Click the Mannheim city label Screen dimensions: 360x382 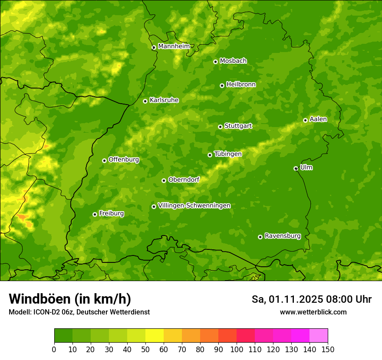(x=174, y=46)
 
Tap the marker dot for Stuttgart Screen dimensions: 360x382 (x=220, y=127)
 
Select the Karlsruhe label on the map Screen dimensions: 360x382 (x=164, y=100)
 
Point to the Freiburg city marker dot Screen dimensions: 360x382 (x=95, y=214)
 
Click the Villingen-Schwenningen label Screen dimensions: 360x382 (x=194, y=206)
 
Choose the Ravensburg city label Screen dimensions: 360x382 (x=282, y=236)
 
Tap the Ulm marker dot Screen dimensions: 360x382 (x=296, y=168)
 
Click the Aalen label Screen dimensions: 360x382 (x=318, y=119)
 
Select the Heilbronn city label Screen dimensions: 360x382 (x=241, y=85)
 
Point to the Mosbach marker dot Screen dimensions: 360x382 (x=215, y=62)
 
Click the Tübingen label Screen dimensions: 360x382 (x=227, y=154)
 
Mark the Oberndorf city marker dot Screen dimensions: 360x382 (x=164, y=180)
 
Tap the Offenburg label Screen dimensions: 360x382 (x=124, y=160)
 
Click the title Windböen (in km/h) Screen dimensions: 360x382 (x=70, y=299)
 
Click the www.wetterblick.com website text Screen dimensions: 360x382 (x=313, y=312)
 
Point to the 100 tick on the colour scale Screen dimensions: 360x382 (x=237, y=350)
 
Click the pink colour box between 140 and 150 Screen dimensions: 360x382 (x=319, y=335)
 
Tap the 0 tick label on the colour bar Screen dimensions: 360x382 (x=54, y=350)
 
